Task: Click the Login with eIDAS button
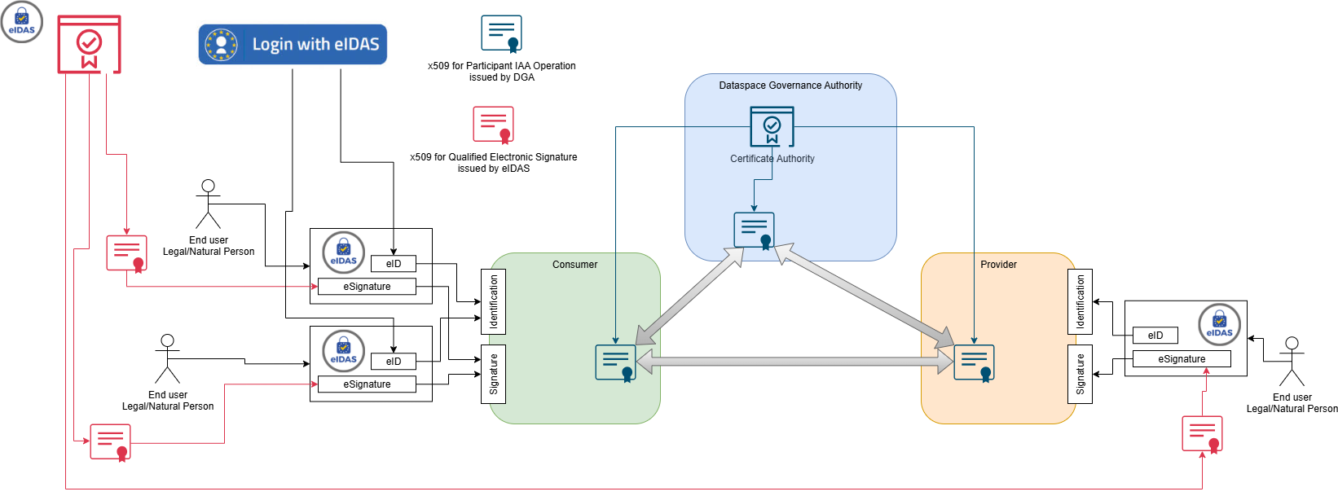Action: (x=293, y=44)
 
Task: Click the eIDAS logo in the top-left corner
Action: (x=21, y=22)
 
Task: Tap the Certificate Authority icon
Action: (x=772, y=126)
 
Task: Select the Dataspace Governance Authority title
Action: (x=790, y=86)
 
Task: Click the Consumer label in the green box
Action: (x=574, y=265)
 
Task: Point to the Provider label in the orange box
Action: (x=998, y=265)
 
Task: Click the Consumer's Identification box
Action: (x=494, y=301)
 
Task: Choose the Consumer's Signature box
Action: (x=494, y=374)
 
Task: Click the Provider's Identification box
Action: (x=1080, y=301)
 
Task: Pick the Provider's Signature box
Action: (x=1080, y=374)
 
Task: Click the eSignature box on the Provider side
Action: (x=1182, y=359)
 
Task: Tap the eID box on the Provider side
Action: (x=1155, y=336)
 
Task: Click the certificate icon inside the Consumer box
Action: (x=615, y=362)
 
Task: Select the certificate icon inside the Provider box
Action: (x=975, y=362)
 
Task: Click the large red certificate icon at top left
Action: (x=89, y=44)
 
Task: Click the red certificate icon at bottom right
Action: (x=1203, y=433)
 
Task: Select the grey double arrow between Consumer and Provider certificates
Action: (x=794, y=359)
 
